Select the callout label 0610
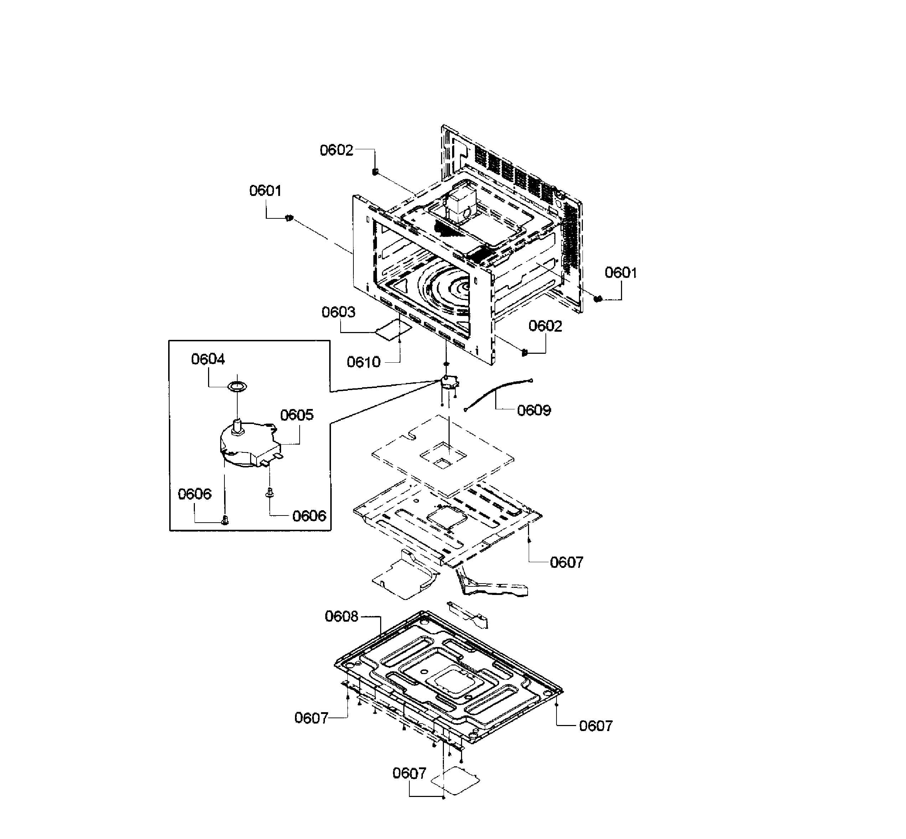pos(364,362)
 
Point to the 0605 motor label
pos(297,415)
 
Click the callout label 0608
pos(341,617)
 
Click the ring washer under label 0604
pos(237,386)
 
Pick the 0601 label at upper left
pos(265,191)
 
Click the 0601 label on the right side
pos(621,273)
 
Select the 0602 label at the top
pos(336,150)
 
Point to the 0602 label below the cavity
pos(545,326)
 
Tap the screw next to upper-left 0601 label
pos(289,219)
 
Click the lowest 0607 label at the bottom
pos(409,773)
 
